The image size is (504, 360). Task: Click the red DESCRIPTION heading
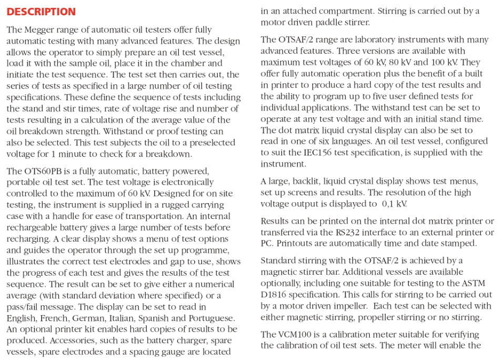[x=41, y=12]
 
